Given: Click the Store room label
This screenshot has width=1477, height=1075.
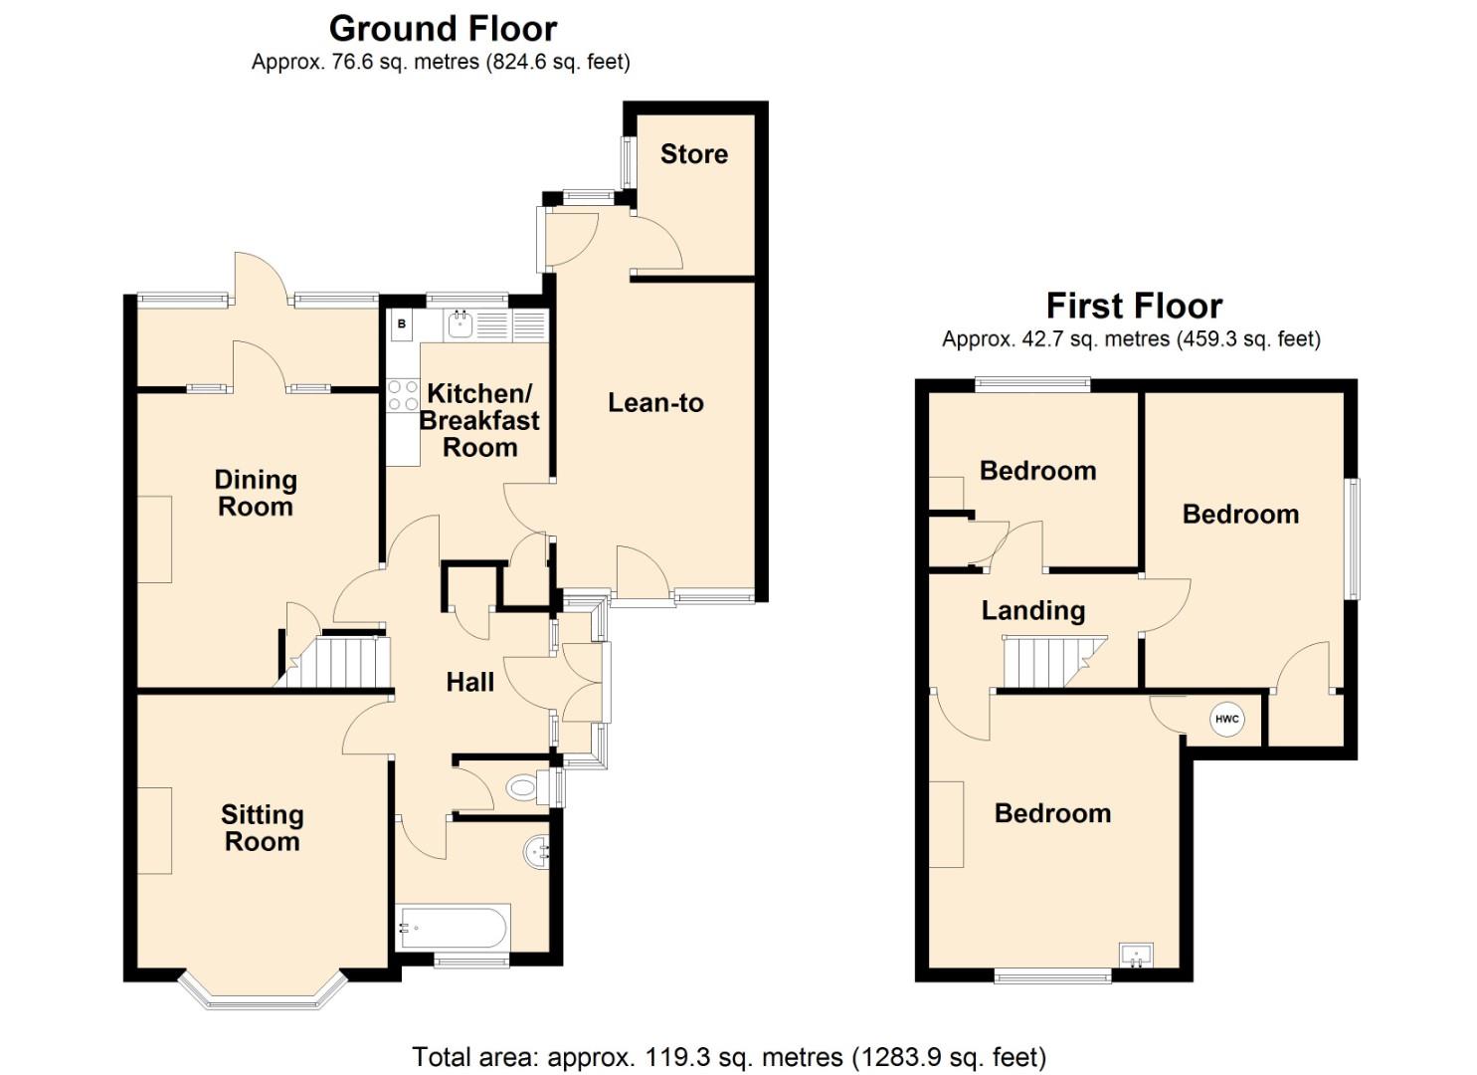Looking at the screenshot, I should pyautogui.click(x=693, y=154).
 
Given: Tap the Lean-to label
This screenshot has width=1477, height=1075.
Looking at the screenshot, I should pyautogui.click(x=655, y=403).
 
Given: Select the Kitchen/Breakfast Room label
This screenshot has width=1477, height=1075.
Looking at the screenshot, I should pyautogui.click(x=479, y=421).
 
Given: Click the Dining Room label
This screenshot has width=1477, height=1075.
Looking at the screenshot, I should pyautogui.click(x=256, y=494).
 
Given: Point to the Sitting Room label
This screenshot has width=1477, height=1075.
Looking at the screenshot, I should pyautogui.click(x=262, y=828).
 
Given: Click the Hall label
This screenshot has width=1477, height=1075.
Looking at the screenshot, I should pyautogui.click(x=469, y=682).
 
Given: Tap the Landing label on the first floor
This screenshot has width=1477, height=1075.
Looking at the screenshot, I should pyautogui.click(x=1032, y=610).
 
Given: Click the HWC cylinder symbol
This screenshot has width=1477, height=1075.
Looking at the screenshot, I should pyautogui.click(x=1226, y=719).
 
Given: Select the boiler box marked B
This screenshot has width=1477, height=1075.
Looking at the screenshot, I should pyautogui.click(x=402, y=324).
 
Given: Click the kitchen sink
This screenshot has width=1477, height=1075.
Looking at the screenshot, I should pyautogui.click(x=460, y=323).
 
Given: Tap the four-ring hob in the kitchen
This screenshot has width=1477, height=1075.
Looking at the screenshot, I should pyautogui.click(x=402, y=395).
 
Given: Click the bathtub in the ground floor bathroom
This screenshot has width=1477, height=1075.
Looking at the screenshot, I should pyautogui.click(x=453, y=928).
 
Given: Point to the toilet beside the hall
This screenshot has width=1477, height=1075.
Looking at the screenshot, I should pyautogui.click(x=524, y=788).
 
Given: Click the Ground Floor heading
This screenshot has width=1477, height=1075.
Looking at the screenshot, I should pyautogui.click(x=443, y=28).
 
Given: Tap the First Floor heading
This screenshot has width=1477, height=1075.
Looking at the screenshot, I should pyautogui.click(x=1134, y=305).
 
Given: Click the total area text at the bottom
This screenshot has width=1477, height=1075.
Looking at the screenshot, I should pyautogui.click(x=729, y=1056).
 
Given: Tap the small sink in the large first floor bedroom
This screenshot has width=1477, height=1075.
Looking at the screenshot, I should pyautogui.click(x=1136, y=956).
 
